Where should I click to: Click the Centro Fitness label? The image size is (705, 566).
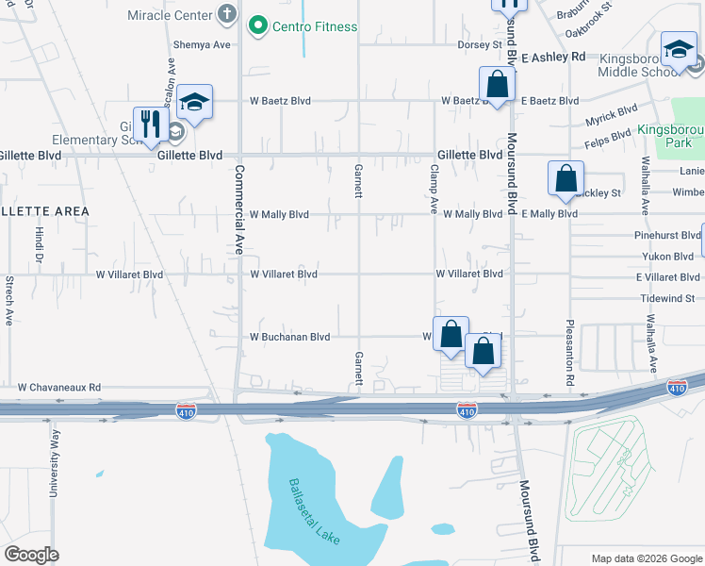[x=315, y=26]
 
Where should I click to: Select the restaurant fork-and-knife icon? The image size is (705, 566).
[x=150, y=123]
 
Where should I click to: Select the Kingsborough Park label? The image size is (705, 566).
[x=670, y=136]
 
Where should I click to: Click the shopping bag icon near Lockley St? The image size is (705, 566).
[x=566, y=177]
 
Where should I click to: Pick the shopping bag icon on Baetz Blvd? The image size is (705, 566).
[x=497, y=84]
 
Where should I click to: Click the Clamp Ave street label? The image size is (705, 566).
[x=434, y=189]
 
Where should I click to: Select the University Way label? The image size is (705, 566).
[x=55, y=462]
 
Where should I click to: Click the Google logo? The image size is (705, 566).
[x=31, y=555]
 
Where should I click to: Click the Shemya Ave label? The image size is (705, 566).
[x=202, y=44]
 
